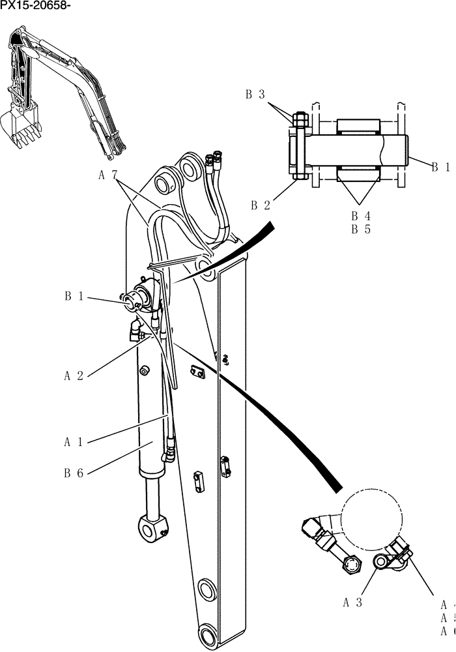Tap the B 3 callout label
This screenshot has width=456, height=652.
pos(255,95)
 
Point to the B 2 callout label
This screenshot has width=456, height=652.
pos(261,205)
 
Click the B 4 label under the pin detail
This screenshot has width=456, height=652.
pos(361,215)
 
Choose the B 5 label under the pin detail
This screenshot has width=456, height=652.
pos(361,229)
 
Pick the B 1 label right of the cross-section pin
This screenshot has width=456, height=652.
pos(440,167)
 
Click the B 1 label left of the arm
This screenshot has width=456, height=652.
pos(74,297)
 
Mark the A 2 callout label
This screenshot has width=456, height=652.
pos(74,376)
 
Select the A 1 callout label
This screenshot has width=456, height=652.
pos(74,442)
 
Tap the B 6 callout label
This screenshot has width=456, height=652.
pos(74,473)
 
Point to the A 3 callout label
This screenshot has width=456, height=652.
pos(352,602)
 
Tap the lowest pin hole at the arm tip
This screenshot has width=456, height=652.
pos(207,632)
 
